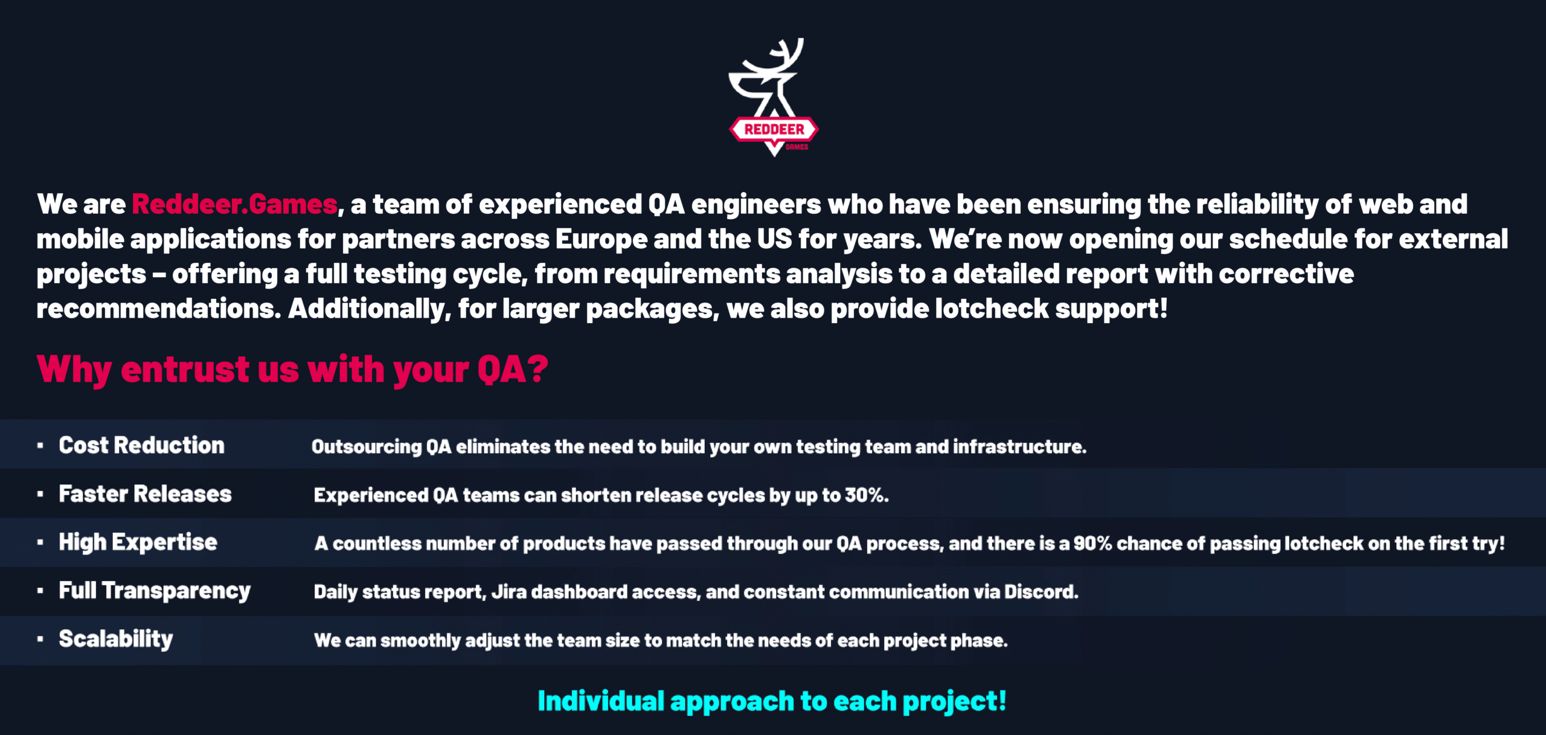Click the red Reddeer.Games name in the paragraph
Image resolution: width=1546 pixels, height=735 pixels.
234,204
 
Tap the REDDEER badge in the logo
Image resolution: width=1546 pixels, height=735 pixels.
774,129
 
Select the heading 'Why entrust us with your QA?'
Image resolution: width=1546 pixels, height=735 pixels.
292,369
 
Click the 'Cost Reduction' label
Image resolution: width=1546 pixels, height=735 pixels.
141,445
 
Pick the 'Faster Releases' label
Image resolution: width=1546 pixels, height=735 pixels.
145,494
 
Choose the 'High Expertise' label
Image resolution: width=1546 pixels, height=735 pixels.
138,542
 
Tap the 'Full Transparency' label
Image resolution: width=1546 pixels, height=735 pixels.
155,591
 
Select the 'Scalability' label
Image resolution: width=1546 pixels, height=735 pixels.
116,639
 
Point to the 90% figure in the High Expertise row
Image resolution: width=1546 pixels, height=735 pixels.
1092,544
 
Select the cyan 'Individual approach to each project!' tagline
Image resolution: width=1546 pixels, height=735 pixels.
772,701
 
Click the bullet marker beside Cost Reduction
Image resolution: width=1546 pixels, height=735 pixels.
40,446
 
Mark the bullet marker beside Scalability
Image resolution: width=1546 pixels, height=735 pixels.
40,639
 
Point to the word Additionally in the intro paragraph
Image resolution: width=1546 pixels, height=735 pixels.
369,309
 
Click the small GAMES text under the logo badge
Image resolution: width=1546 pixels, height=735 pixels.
797,147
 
